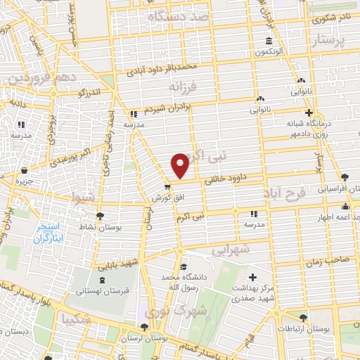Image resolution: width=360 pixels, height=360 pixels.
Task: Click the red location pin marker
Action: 180,165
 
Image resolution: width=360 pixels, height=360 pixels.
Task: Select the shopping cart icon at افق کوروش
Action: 167,187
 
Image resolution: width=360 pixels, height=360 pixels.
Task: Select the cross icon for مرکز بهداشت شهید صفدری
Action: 253,278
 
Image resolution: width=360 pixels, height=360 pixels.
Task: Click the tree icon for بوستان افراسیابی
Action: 344,176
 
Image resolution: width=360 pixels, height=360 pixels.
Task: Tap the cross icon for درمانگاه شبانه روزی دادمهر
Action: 308,112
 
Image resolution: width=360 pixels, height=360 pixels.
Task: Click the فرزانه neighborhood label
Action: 184,86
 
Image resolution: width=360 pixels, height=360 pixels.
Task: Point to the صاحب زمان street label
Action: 324,259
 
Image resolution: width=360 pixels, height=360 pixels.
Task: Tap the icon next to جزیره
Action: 25,170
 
